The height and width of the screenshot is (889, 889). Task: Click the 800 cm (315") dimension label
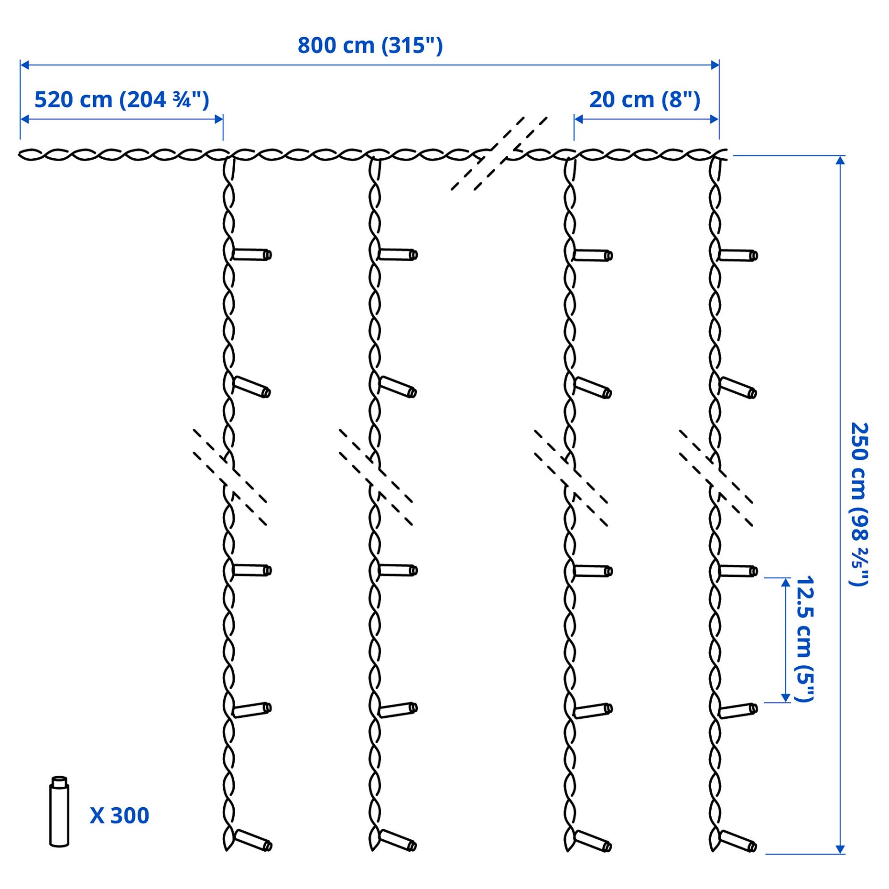370,46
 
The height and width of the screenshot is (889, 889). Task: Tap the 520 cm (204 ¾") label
122,100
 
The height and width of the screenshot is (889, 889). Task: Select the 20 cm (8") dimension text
645,100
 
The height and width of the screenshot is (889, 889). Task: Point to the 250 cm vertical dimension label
859,504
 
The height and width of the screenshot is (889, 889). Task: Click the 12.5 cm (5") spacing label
805,639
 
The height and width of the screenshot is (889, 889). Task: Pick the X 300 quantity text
119,815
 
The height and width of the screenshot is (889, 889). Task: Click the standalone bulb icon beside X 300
59,812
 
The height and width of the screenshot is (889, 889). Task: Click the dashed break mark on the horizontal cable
499,153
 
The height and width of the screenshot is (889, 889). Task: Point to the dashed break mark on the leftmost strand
230,477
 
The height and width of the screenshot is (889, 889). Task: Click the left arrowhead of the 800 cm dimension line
24,65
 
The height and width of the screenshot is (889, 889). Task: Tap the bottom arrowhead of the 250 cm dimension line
840,849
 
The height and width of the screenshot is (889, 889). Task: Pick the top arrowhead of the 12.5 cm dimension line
785,583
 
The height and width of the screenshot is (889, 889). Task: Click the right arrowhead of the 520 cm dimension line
219,119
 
